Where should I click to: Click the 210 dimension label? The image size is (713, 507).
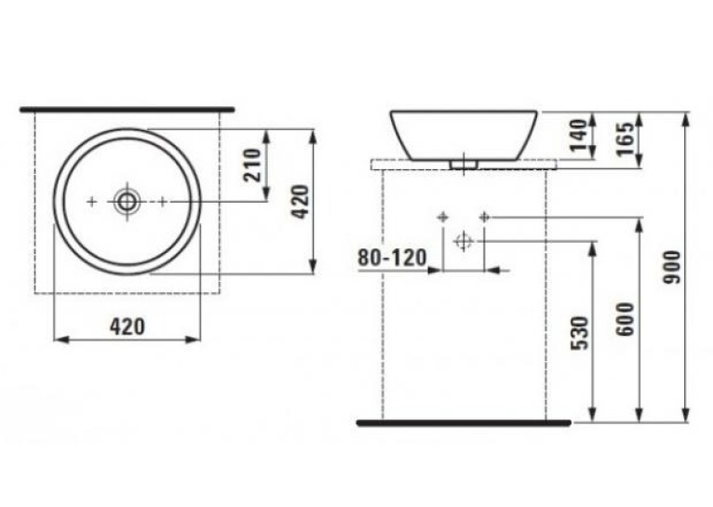[x=252, y=165]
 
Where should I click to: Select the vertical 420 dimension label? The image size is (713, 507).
[x=300, y=202]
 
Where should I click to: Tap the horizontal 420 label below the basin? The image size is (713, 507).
[x=128, y=327]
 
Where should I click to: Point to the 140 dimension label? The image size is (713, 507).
[x=579, y=136]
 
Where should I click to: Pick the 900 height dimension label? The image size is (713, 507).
[x=672, y=268]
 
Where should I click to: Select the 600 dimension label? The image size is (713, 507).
[x=626, y=319]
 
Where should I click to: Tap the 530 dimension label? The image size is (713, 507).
[x=579, y=333]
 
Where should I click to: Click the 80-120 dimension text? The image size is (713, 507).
[x=392, y=258]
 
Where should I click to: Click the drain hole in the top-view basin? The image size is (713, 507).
[x=127, y=201]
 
